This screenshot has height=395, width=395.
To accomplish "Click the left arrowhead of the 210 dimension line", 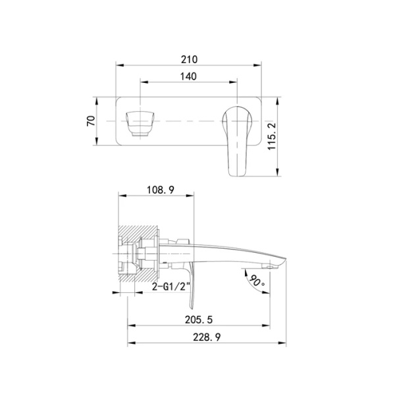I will [119, 65].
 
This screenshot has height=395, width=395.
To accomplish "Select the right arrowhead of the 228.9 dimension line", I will [285, 342].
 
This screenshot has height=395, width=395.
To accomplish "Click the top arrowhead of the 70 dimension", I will [97, 100].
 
